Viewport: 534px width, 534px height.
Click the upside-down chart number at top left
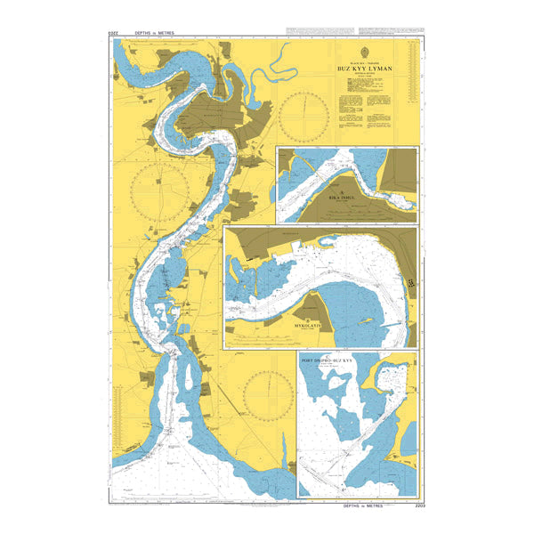point(113,33)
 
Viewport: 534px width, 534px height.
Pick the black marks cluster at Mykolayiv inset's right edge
point(412,282)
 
